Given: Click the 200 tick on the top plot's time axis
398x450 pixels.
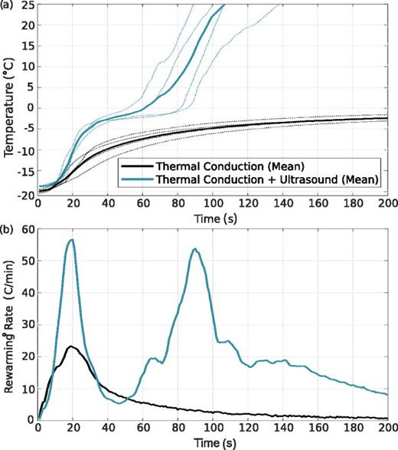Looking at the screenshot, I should click(386, 205).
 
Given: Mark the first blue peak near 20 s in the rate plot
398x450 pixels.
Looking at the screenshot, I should click(72, 240).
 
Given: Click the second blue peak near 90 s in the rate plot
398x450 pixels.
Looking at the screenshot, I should click(194, 249).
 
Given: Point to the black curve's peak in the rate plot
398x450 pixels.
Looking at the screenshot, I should click(71, 347).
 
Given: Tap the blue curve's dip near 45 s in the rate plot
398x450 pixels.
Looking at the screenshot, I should click(119, 402).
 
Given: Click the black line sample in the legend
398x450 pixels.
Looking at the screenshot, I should click(135, 166).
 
